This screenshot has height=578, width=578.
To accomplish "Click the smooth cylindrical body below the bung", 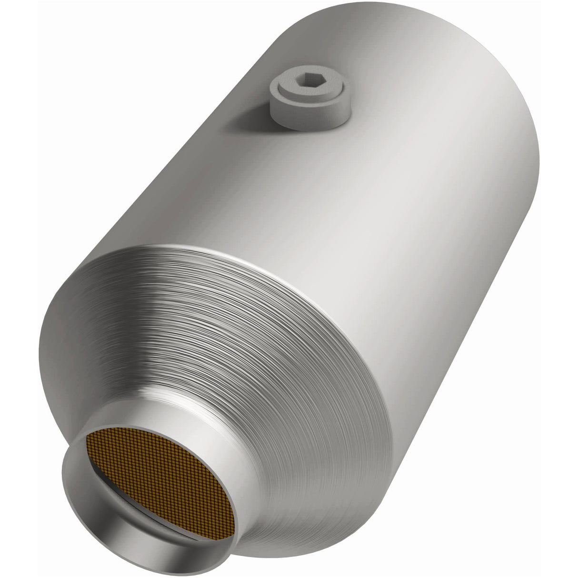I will [x=333, y=190].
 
